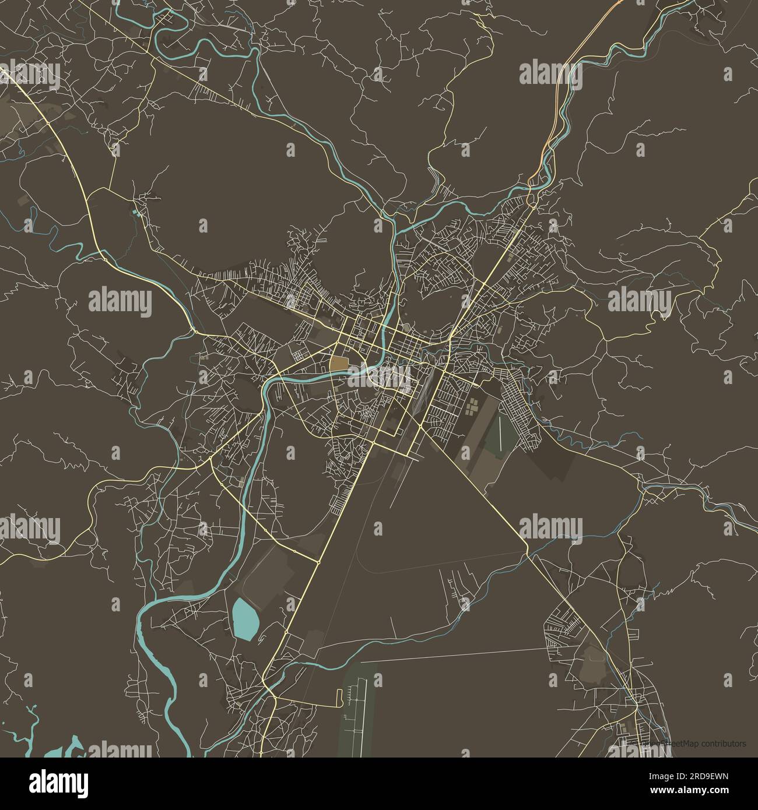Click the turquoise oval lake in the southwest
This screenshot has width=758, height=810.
[245, 619]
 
